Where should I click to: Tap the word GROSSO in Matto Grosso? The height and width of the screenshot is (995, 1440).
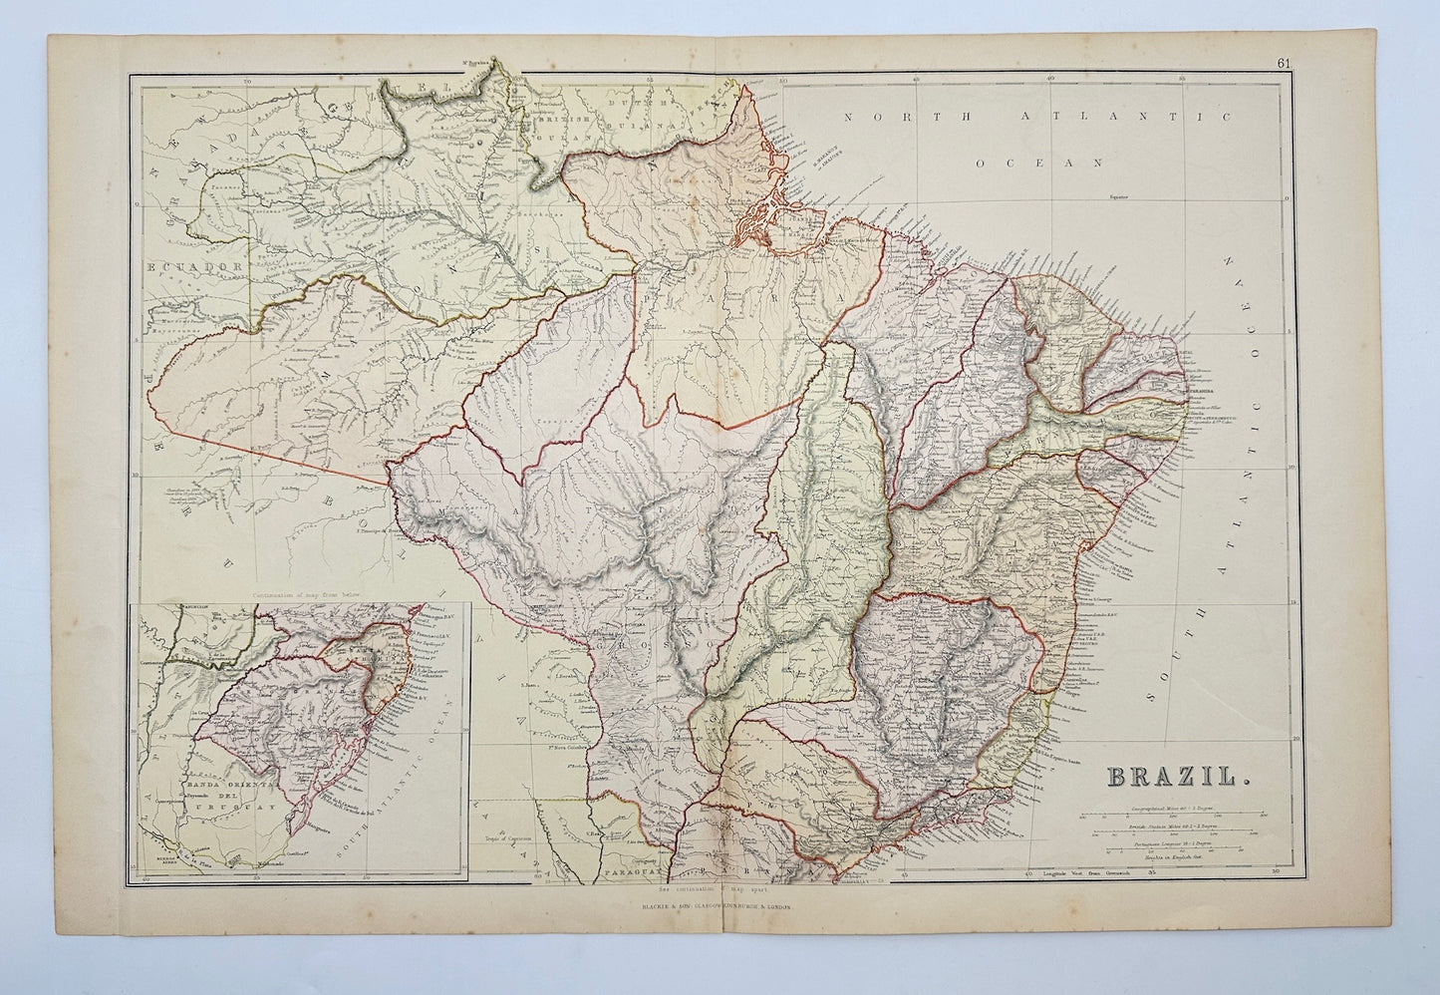click(x=638, y=643)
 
